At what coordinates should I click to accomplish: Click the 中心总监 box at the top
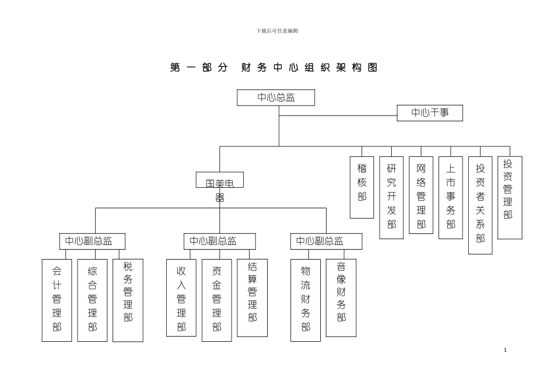click(x=276, y=97)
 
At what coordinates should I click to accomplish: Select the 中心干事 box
click(x=430, y=113)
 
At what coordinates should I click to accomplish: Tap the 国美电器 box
click(x=220, y=180)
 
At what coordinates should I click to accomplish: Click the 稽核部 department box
click(x=362, y=187)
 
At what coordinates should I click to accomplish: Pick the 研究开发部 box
click(x=391, y=197)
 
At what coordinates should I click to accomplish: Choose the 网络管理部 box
click(x=421, y=195)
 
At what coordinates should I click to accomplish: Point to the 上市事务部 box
click(x=451, y=197)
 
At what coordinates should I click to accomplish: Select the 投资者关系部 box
click(x=481, y=205)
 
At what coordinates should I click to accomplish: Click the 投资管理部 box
click(x=509, y=197)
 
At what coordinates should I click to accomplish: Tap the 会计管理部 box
click(x=57, y=300)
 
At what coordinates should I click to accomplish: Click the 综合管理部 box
click(x=92, y=300)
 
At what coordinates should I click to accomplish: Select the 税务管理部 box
click(x=128, y=300)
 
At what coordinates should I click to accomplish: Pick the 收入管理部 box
click(x=181, y=297)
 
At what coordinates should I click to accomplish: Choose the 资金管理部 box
click(x=217, y=300)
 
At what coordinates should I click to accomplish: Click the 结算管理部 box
click(x=253, y=297)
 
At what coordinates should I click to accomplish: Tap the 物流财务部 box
click(x=306, y=300)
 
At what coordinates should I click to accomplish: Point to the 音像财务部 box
click(x=341, y=297)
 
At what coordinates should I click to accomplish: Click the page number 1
click(x=505, y=350)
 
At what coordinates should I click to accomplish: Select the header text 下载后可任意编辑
click(x=277, y=30)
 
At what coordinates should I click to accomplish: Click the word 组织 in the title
click(x=315, y=68)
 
